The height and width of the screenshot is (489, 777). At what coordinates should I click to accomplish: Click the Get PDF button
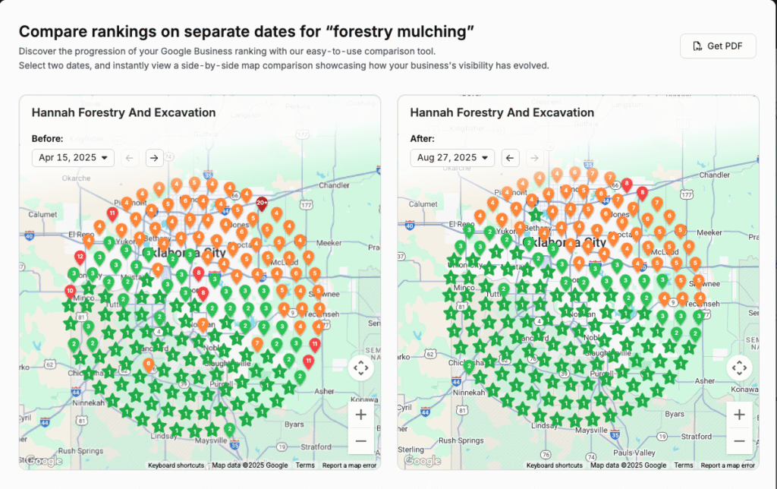tap(718, 46)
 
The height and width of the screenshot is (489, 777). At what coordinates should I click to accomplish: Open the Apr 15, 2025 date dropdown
tap(73, 158)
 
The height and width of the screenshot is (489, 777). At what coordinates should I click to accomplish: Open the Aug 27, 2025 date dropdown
tap(452, 158)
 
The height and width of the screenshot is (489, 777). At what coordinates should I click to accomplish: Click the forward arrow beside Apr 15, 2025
tap(154, 158)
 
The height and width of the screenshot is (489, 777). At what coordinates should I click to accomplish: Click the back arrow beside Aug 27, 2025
tap(511, 158)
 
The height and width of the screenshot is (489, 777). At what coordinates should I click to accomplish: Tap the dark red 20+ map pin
tap(262, 204)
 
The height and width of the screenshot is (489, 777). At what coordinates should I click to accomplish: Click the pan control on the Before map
tap(360, 368)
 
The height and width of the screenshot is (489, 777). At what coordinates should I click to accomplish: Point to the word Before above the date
tap(47, 139)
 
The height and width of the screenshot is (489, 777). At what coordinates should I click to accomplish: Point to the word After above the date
tap(422, 139)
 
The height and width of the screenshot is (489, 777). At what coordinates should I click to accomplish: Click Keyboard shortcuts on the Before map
tap(175, 465)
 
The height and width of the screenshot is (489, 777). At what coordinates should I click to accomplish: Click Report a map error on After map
tap(727, 465)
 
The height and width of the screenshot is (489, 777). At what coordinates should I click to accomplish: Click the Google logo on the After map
tap(423, 460)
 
